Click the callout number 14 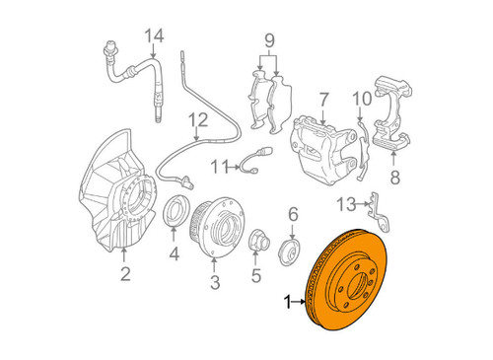coord(152,37)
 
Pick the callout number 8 coord(394,179)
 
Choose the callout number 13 coord(343,203)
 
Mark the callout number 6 coord(293,213)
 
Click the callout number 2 coord(125,274)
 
